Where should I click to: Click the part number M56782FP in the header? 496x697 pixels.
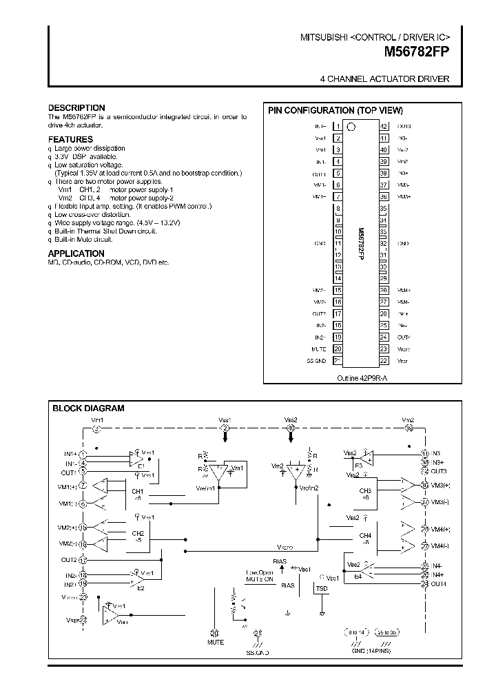(416, 50)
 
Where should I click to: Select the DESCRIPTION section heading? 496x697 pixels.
(76, 108)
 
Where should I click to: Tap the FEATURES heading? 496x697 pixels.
(70, 139)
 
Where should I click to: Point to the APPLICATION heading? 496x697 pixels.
(76, 253)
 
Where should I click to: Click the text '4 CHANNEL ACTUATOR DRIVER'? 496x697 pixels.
(384, 79)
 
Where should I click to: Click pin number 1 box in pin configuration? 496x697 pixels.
(338, 127)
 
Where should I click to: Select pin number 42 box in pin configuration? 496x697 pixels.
(384, 127)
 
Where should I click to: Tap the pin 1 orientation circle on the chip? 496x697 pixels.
(351, 127)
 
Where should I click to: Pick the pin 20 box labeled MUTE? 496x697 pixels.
(338, 348)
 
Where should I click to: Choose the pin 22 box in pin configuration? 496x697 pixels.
(384, 360)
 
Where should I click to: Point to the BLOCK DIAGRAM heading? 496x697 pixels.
(88, 408)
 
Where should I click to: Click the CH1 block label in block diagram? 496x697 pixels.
(137, 491)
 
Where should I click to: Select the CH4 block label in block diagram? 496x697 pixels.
(365, 535)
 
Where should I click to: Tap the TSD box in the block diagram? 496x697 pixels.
(321, 589)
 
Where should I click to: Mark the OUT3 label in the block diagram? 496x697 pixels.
(439, 471)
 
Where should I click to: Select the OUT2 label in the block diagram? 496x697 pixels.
(68, 560)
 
